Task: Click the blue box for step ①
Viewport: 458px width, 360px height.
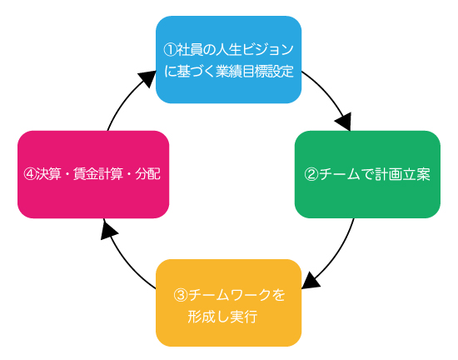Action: coord(229,60)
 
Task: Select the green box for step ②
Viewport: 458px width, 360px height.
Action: coord(367,174)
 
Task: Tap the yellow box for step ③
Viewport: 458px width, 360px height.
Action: coord(229,302)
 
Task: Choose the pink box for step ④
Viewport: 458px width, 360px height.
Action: coord(93,174)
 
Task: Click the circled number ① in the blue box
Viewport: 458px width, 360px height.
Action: coord(170,50)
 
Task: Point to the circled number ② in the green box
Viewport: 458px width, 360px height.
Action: coord(311,174)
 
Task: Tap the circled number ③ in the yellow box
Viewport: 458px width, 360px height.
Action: coord(180,295)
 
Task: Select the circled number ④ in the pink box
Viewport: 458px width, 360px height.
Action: coord(29,174)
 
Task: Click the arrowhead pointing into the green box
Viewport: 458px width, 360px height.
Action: coord(344,122)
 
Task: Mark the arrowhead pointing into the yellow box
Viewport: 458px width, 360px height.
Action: coord(311,281)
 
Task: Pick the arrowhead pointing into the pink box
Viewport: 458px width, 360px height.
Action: coord(108,229)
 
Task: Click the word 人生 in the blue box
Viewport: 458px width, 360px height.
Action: coord(228,50)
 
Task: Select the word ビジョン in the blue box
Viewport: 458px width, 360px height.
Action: coord(267,50)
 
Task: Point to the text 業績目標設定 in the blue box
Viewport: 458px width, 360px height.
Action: coord(255,72)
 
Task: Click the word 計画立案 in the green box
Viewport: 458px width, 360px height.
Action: coord(405,174)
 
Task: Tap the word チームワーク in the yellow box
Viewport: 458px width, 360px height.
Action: coord(230,295)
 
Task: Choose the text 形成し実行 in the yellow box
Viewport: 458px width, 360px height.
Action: coord(222,317)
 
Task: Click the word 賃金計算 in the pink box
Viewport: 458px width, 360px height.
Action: coord(98,174)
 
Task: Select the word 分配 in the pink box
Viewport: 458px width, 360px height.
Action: coord(147,174)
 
